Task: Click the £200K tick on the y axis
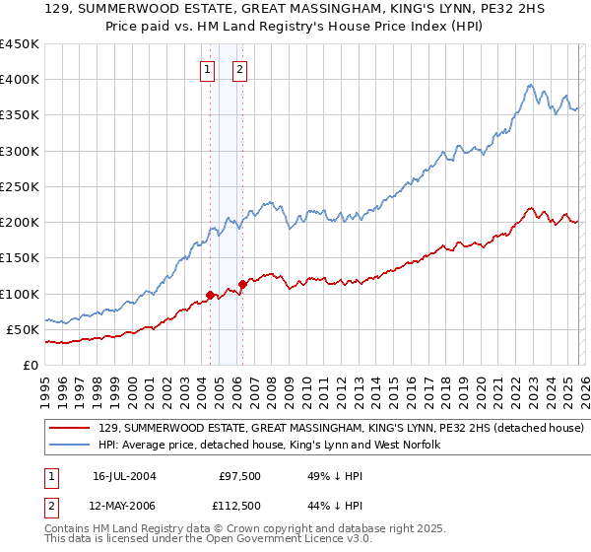pos(20,223)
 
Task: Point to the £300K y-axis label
pos(20,151)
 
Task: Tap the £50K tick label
pos(24,329)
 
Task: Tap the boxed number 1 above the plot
pos(209,70)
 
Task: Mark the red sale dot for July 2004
pos(210,295)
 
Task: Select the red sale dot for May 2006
pos(242,284)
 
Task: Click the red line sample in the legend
pos(71,429)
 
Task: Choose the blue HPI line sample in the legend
pos(71,446)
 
